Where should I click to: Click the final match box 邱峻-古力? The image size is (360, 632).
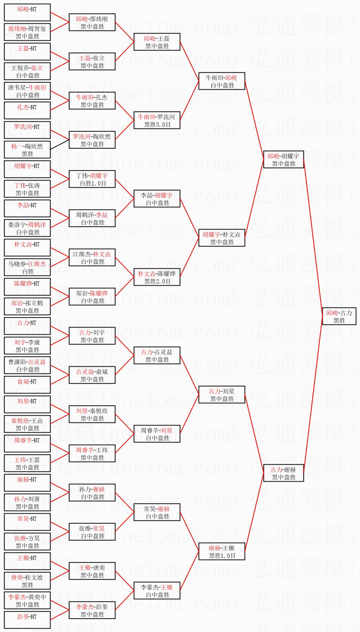pyautogui.click(x=339, y=316)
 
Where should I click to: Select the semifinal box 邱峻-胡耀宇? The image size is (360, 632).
pyautogui.click(x=283, y=159)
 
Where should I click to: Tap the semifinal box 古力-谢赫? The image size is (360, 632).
pyautogui.click(x=283, y=473)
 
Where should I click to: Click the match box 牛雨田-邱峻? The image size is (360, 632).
pyautogui.click(x=222, y=81)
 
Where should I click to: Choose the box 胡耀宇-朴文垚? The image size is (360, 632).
pyautogui.click(x=222, y=238)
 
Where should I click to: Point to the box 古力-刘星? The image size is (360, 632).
pyautogui.click(x=222, y=395)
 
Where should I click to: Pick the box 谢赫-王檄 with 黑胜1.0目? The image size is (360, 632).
pyautogui.click(x=222, y=551)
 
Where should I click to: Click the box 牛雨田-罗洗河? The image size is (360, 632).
pyautogui.click(x=157, y=120)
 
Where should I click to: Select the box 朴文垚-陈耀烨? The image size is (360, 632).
pyautogui.click(x=157, y=277)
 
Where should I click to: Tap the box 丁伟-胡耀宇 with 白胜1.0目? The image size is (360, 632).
pyautogui.click(x=92, y=179)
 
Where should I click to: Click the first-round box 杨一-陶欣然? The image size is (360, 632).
pyautogui.click(x=27, y=150)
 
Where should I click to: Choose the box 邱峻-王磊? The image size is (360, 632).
pyautogui.click(x=157, y=42)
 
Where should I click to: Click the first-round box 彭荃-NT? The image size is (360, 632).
pyautogui.click(x=27, y=620)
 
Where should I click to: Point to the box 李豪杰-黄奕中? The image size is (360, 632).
pyautogui.click(x=27, y=600)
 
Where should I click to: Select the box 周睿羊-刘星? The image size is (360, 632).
pyautogui.click(x=157, y=434)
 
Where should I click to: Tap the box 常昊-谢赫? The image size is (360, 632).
pyautogui.click(x=157, y=512)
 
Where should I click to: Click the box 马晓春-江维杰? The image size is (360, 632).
pyautogui.click(x=27, y=267)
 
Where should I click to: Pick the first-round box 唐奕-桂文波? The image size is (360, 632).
pyautogui.click(x=27, y=581)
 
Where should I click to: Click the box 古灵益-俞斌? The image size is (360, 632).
pyautogui.click(x=92, y=375)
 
